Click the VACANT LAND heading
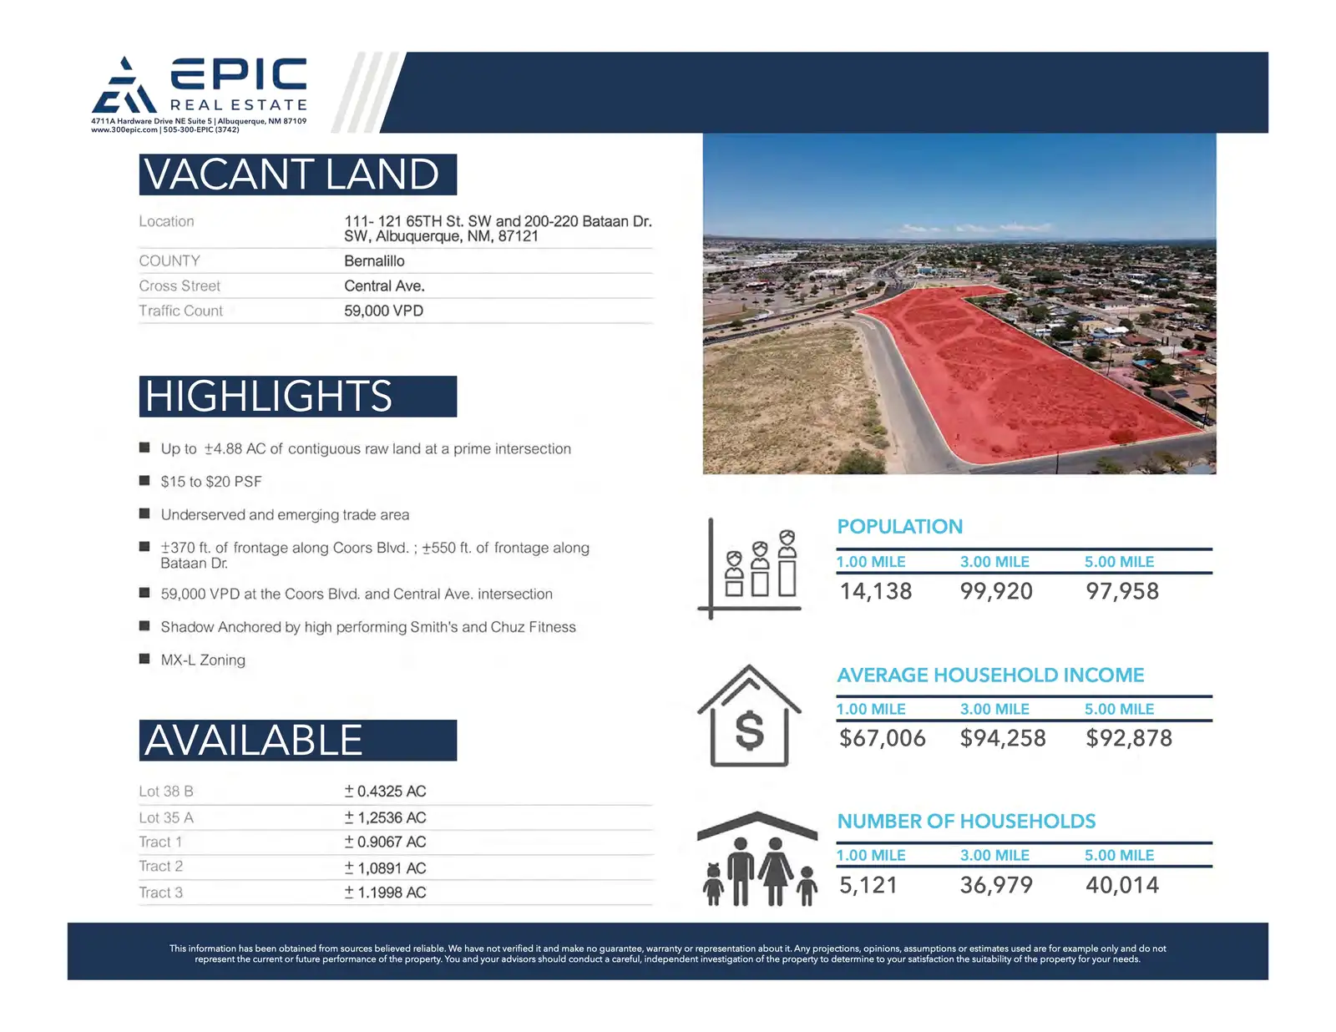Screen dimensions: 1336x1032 [x=291, y=174]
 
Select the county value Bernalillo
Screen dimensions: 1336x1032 [x=374, y=261]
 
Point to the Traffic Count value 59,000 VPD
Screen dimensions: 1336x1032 [x=383, y=311]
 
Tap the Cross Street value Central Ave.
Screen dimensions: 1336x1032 [x=384, y=286]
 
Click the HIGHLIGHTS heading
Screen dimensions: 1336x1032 [x=269, y=396]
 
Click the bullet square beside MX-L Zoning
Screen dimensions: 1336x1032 [x=144, y=659]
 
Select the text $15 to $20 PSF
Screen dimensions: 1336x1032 [x=211, y=481]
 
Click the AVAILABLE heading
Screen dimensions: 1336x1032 [x=253, y=740]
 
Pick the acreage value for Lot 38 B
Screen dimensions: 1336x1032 [x=385, y=791]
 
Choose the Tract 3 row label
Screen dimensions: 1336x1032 [x=160, y=893]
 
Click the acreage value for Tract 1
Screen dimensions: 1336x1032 [x=385, y=842]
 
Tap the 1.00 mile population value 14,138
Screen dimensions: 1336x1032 [x=876, y=591]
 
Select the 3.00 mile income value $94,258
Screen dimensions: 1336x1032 [x=1003, y=738]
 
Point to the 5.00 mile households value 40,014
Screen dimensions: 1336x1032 [x=1122, y=885]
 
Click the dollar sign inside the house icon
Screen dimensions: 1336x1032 [x=750, y=732]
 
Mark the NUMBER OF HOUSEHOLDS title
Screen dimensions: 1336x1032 [x=966, y=821]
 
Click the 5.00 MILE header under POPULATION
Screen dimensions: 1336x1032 [x=1119, y=562]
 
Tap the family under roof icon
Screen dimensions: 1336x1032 [x=757, y=858]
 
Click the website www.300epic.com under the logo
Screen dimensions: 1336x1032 [x=124, y=129]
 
